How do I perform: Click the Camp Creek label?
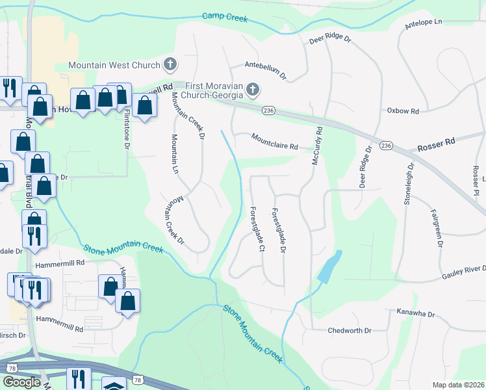point(225,18)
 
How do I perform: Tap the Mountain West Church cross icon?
point(170,64)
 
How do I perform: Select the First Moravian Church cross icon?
point(253,89)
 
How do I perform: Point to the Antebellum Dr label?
point(265,70)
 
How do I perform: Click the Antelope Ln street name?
point(422,21)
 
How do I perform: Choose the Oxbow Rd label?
point(403,111)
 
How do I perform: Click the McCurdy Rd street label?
point(318,145)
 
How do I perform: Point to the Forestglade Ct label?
point(257,229)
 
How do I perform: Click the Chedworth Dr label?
point(350,330)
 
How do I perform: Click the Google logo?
point(22,382)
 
